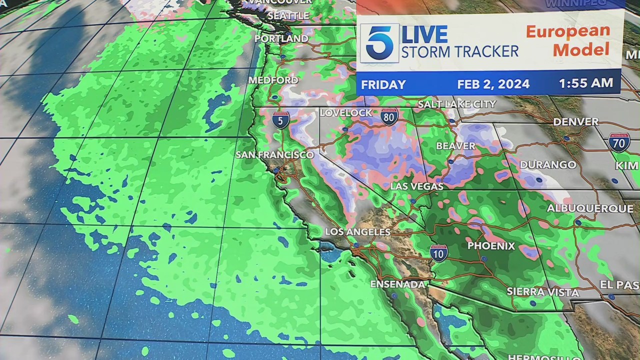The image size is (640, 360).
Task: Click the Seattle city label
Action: click(288, 16)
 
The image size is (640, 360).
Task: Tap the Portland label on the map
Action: click(281, 38)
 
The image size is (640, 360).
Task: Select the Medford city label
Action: click(273, 80)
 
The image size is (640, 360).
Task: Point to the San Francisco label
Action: click(274, 155)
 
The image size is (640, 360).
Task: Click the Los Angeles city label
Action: click(357, 232)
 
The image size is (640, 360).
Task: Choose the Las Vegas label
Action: click(416, 186)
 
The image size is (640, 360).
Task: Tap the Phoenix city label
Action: click(490, 246)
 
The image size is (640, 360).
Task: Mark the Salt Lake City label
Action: click(456, 104)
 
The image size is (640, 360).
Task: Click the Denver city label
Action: click(575, 122)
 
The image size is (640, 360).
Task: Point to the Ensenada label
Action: click(397, 284)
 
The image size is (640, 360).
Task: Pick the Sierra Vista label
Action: click(542, 292)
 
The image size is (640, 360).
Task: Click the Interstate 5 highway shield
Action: click(280, 120)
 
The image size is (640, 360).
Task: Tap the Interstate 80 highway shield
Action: click(389, 116)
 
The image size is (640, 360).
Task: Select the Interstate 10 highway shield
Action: click(438, 253)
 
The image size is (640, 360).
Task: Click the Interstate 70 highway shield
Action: click(619, 142)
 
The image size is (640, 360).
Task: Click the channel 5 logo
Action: click(380, 42)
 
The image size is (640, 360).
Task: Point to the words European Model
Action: click(567, 40)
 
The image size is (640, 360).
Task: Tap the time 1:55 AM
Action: click(585, 83)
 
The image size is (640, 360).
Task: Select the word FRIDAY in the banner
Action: click(383, 85)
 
